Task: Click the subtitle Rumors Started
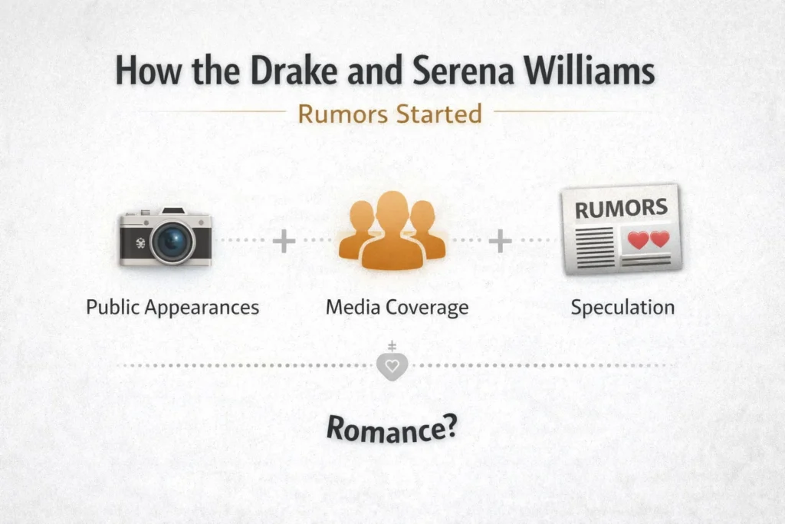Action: [389, 114]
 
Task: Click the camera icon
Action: [165, 237]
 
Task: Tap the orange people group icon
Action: [392, 230]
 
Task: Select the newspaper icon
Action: [621, 229]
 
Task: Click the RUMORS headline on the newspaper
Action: [621, 208]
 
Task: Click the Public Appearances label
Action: [172, 308]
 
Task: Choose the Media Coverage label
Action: [396, 308]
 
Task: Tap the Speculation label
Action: [622, 308]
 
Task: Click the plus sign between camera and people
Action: [284, 242]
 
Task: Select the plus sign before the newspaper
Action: [500, 242]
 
